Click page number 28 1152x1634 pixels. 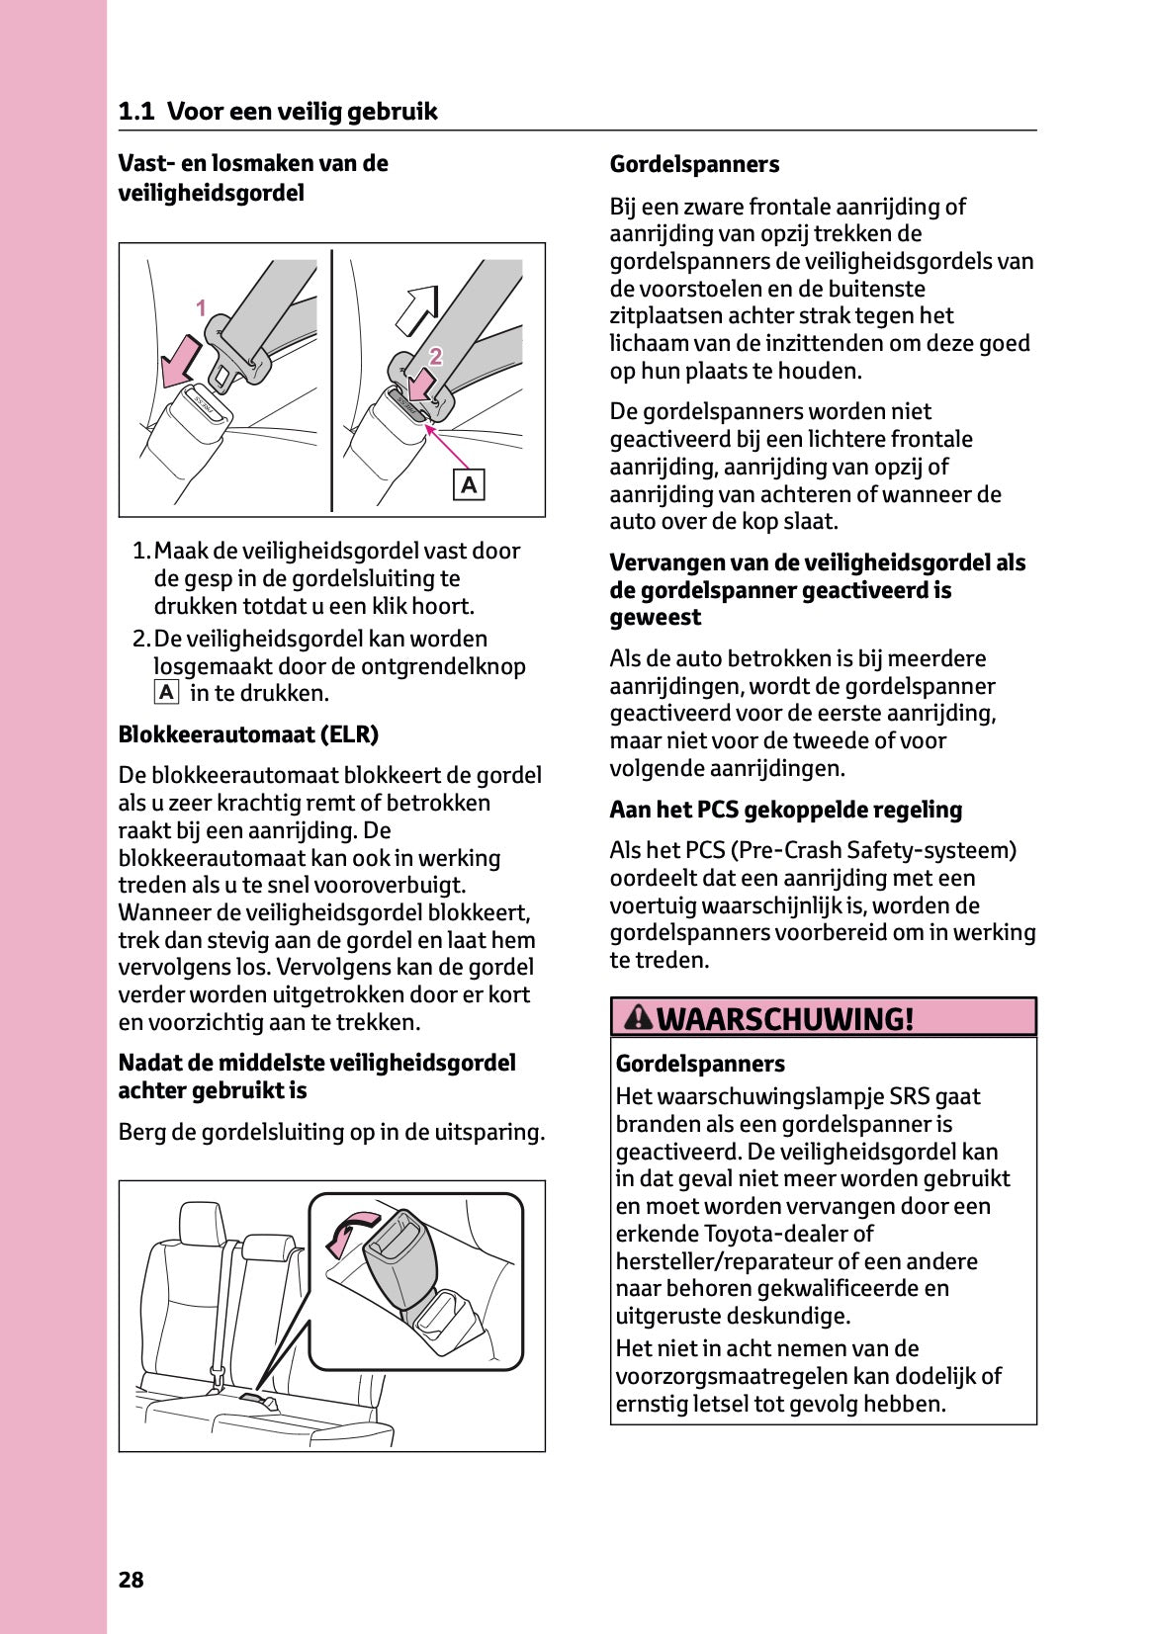coord(131,1580)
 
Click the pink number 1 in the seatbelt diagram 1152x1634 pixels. coord(201,308)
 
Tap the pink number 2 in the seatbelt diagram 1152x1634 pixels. coord(435,356)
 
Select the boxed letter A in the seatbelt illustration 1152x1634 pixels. coord(469,484)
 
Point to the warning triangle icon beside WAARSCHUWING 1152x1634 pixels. coord(639,1016)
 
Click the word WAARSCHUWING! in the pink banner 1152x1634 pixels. coord(785,1018)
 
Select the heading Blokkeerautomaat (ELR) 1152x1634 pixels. coord(248,734)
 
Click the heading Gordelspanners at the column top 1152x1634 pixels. coord(694,164)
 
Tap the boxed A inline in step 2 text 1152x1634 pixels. coord(166,692)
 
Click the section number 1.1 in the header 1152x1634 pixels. coord(135,112)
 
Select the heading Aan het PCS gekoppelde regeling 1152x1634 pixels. coord(785,810)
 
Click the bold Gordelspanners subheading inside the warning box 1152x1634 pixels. coord(700,1064)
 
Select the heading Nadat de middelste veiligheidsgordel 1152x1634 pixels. coord(316,1063)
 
